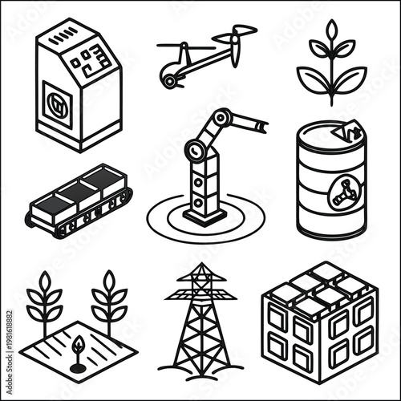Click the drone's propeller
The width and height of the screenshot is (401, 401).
click(240, 35)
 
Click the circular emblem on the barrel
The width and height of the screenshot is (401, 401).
click(342, 193)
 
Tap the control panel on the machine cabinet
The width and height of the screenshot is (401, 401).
click(89, 58)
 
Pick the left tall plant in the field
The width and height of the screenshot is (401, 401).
click(44, 301)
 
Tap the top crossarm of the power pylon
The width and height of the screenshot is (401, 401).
click(200, 295)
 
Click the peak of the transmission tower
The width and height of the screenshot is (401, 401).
click(200, 265)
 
